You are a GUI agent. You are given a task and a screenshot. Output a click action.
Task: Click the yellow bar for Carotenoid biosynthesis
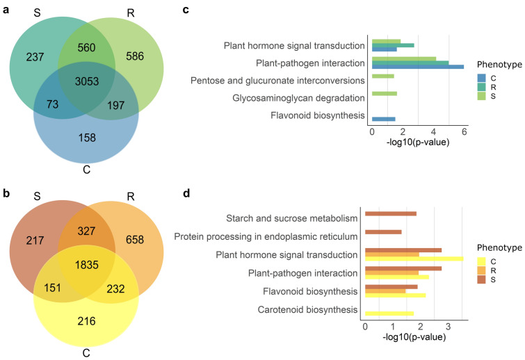(x=389, y=313)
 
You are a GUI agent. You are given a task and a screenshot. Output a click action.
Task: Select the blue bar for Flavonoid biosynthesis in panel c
(x=383, y=119)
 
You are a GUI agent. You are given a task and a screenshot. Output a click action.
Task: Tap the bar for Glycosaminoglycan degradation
(x=385, y=93)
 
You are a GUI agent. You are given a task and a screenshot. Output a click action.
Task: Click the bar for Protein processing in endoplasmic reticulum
(x=383, y=231)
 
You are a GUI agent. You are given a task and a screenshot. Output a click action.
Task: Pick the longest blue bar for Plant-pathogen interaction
(x=417, y=67)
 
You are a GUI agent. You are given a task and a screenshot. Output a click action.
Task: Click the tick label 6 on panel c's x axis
(x=464, y=131)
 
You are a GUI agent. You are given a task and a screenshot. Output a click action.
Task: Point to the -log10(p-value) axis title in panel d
(x=414, y=338)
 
